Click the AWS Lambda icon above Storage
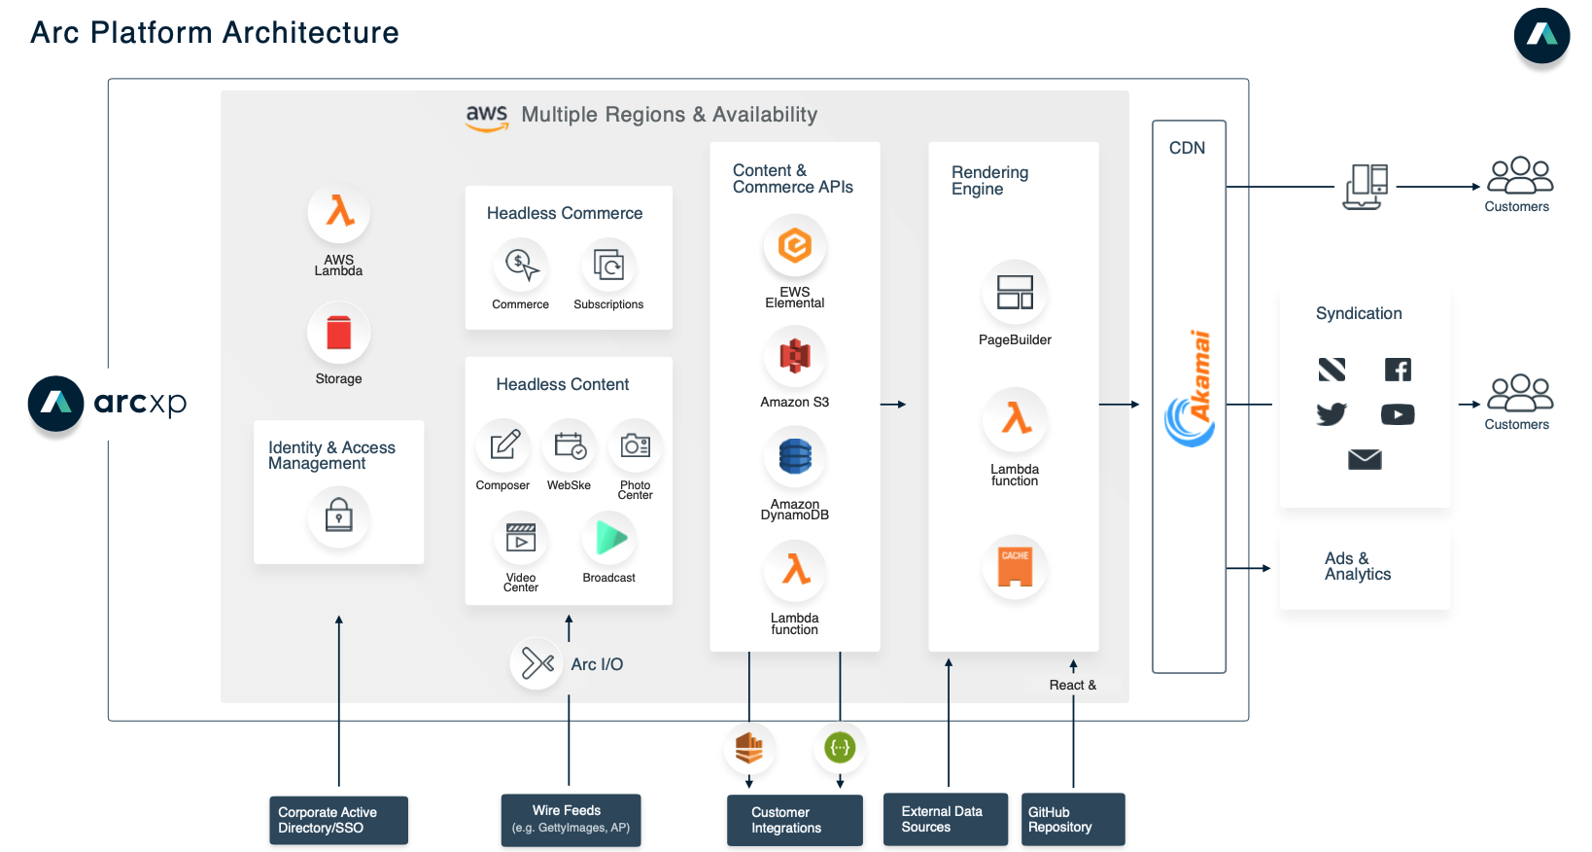(x=339, y=212)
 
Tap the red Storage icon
(x=339, y=332)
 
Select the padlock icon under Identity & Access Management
(x=339, y=515)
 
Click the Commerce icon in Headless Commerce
(x=521, y=266)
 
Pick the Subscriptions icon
(x=608, y=266)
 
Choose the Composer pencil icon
(x=503, y=445)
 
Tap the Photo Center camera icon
(x=636, y=445)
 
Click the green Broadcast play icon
(x=609, y=539)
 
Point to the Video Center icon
(x=521, y=539)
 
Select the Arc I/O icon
(x=536, y=663)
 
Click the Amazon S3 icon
(x=795, y=356)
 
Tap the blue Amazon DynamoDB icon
(x=795, y=456)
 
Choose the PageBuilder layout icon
(x=1015, y=293)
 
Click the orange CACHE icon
(x=1015, y=567)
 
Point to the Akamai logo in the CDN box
(x=1191, y=388)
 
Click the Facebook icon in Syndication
(x=1398, y=370)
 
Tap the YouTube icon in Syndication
(x=1398, y=414)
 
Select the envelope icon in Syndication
(x=1365, y=459)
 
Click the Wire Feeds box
(x=571, y=820)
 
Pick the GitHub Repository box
(x=1073, y=819)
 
